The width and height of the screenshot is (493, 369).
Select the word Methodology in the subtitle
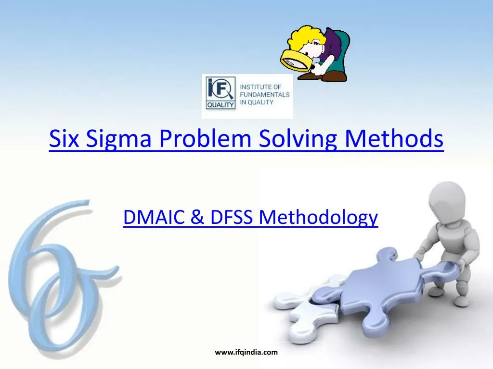tap(318, 219)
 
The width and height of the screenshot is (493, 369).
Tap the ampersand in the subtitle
tap(197, 218)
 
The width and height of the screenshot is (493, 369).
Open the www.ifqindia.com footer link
tap(246, 352)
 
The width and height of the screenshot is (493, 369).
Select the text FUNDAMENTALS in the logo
tap(264, 95)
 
